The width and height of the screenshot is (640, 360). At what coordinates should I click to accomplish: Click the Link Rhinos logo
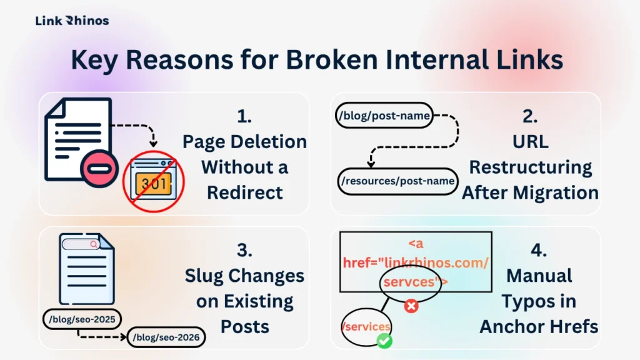coord(72,21)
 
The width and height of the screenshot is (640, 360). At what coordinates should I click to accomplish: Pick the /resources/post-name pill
coord(397,181)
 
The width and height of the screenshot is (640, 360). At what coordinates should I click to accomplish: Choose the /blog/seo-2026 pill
coord(166,338)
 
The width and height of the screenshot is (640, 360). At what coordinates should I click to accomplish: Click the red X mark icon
coord(411,306)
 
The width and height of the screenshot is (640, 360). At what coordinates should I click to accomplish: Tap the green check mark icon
coord(384,341)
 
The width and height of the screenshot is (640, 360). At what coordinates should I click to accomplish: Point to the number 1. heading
coord(244,116)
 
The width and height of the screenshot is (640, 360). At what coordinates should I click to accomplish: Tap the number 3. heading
coord(244,249)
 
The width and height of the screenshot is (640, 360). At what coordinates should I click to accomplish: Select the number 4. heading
coord(538,249)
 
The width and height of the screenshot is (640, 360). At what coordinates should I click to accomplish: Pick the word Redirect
coord(245,192)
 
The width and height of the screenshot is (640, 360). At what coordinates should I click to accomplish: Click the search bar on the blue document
coord(81,244)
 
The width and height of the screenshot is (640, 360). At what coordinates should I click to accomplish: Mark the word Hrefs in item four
coord(569,326)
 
